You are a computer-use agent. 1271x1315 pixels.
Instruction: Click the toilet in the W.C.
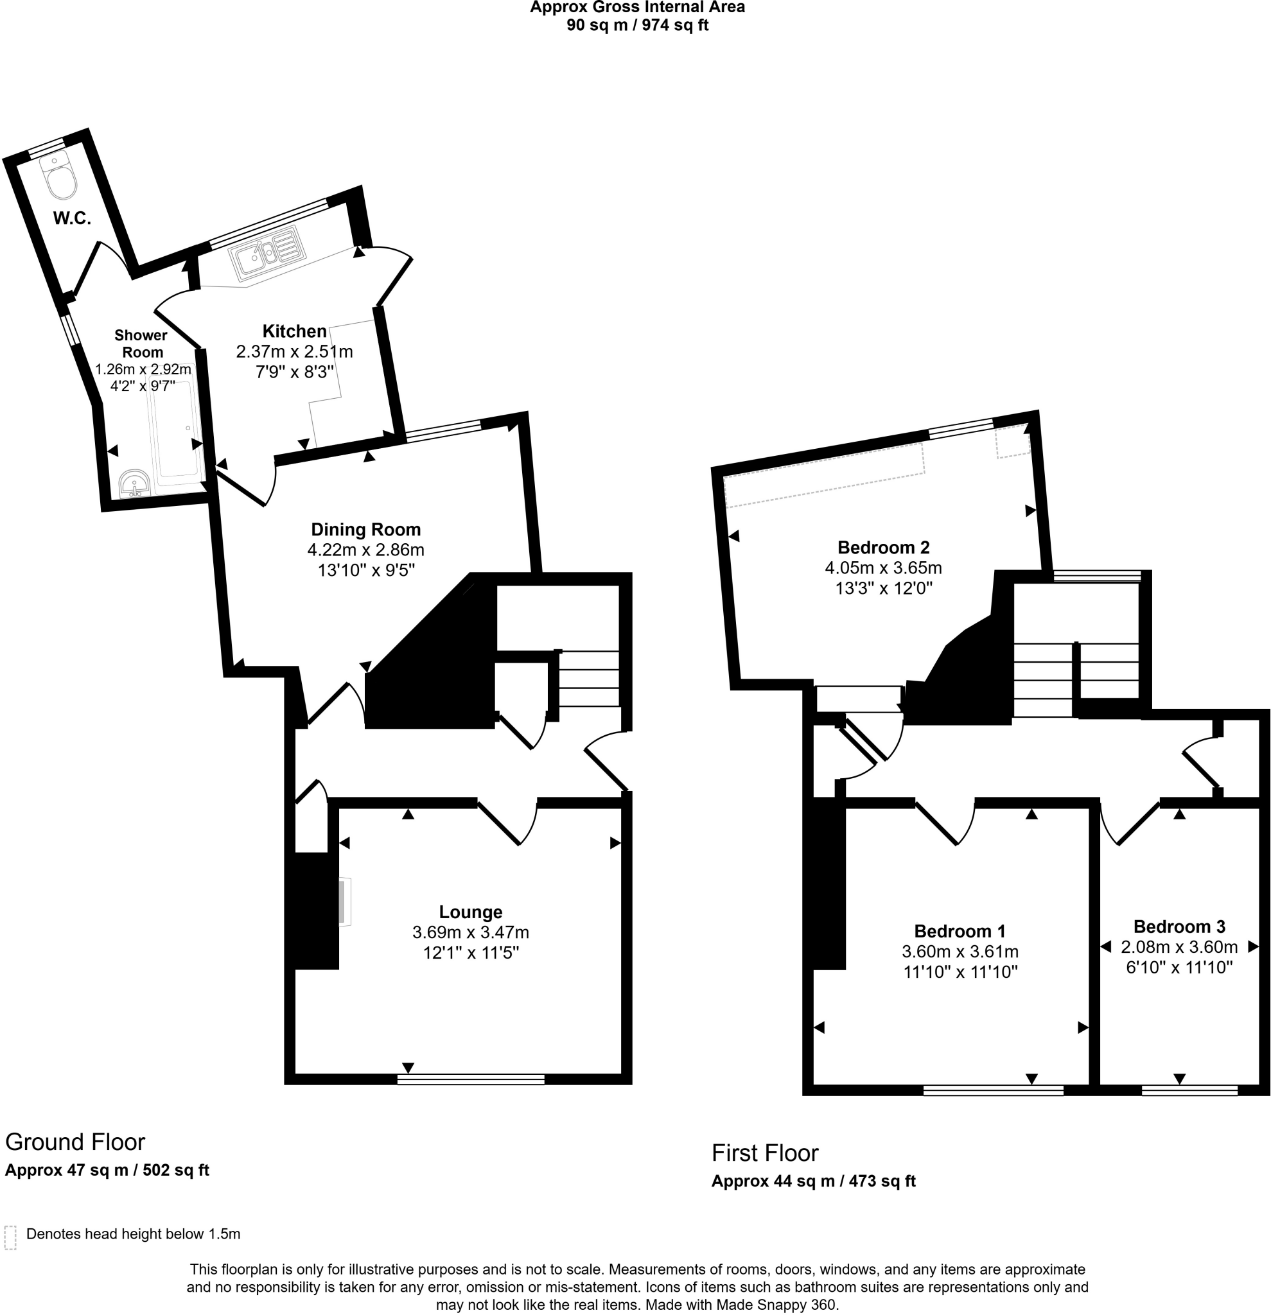[58, 175]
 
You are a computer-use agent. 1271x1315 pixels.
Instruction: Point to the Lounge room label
[470, 912]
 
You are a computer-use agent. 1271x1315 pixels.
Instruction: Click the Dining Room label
[365, 529]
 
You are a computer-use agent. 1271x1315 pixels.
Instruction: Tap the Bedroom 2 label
[883, 548]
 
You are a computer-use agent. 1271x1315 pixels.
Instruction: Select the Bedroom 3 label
[1179, 927]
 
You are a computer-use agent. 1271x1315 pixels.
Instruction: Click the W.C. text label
[72, 218]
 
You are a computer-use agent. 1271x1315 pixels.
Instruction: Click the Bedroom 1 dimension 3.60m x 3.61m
[960, 952]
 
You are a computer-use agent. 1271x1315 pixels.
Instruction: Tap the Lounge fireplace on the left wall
[344, 902]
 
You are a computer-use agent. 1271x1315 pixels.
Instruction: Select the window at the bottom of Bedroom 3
[1189, 1090]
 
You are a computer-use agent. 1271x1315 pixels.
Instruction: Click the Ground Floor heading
[75, 1141]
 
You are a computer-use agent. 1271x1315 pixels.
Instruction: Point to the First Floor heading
[765, 1153]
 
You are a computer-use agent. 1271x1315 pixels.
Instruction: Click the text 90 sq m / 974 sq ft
[638, 26]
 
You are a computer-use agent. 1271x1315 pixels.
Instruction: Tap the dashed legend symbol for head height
[10, 1238]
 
